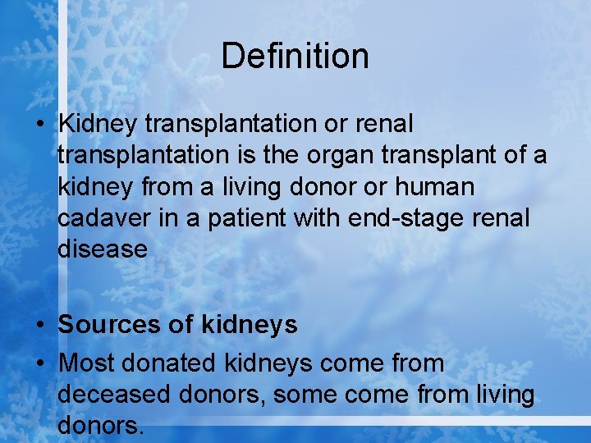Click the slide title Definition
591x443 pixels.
295,57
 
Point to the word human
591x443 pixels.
434,187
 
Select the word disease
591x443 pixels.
103,249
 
